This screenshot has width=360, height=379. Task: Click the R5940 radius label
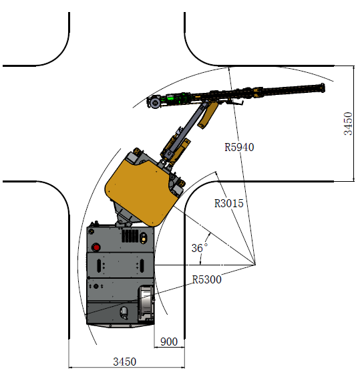pos(239,147)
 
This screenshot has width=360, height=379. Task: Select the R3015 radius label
pos(228,203)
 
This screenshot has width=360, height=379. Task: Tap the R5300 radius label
pos(206,279)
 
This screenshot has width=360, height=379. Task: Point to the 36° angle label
pos(199,248)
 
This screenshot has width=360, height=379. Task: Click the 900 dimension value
pos(169,342)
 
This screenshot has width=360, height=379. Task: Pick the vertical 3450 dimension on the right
pos(348,124)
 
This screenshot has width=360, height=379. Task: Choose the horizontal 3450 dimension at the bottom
pos(125,362)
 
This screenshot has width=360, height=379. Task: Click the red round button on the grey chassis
pos(96,247)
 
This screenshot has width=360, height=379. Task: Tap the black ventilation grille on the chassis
pos(130,236)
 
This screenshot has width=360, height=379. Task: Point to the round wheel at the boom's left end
pos(154,103)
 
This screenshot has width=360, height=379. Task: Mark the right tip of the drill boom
pos(325,88)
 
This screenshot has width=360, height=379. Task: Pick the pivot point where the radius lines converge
pos(255,265)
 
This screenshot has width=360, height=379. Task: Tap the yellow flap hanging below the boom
pos(208,115)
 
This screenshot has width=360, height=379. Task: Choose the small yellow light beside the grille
pos(144,239)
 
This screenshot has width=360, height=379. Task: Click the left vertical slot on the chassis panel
pos(99,265)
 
